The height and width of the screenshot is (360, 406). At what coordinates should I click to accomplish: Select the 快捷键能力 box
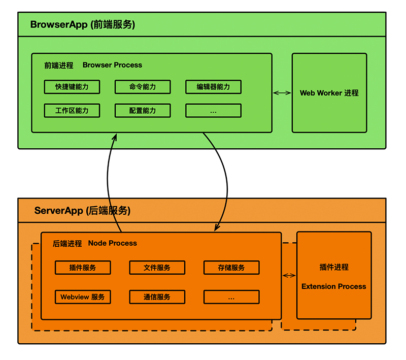[x=72, y=87]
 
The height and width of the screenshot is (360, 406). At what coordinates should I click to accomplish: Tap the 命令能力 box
[x=143, y=87]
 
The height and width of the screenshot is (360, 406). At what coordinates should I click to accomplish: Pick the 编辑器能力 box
[x=213, y=87]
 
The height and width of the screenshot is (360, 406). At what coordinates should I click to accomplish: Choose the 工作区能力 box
[x=72, y=110]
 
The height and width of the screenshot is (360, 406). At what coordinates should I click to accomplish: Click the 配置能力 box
[x=143, y=110]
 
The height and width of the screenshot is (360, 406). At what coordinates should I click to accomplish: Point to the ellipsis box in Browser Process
[x=213, y=111]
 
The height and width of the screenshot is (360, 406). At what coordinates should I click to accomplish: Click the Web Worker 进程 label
[x=329, y=93]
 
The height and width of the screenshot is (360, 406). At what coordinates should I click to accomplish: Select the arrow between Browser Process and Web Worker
[x=282, y=93]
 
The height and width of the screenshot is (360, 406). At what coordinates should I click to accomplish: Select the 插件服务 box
[x=83, y=268]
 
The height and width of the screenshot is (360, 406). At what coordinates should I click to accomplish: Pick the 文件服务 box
[x=157, y=268]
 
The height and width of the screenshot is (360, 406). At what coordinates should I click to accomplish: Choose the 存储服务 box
[x=231, y=268]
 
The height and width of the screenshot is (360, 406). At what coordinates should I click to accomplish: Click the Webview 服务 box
[x=83, y=297]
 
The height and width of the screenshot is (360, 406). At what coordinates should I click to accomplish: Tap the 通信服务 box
[x=157, y=297]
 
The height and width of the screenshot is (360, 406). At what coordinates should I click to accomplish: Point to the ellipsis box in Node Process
[x=231, y=297]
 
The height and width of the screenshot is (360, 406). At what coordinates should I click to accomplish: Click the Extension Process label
[x=334, y=286]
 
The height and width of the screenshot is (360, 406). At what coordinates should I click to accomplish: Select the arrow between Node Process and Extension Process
[x=289, y=275]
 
